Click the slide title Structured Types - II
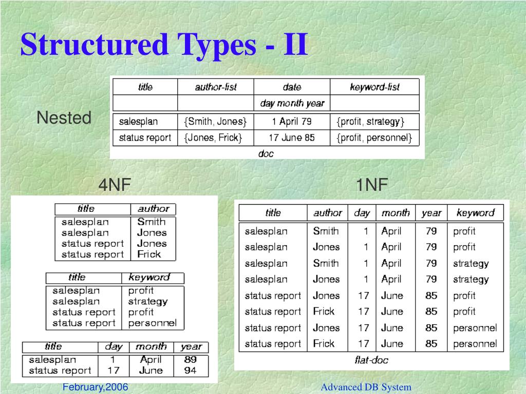click(164, 45)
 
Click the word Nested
click(64, 118)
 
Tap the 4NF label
click(115, 185)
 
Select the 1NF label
click(372, 185)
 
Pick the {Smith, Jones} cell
click(215, 122)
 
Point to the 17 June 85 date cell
click(291, 137)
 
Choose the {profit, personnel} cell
click(374, 137)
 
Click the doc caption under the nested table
click(266, 153)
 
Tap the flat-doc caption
click(371, 360)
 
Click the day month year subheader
click(292, 103)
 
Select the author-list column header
click(216, 87)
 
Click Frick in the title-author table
click(149, 254)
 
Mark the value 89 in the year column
click(190, 360)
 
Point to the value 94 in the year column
click(190, 370)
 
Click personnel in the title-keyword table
click(152, 323)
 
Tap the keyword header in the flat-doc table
click(475, 213)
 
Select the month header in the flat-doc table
click(396, 213)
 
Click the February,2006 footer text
click(95, 387)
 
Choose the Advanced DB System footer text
click(366, 387)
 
